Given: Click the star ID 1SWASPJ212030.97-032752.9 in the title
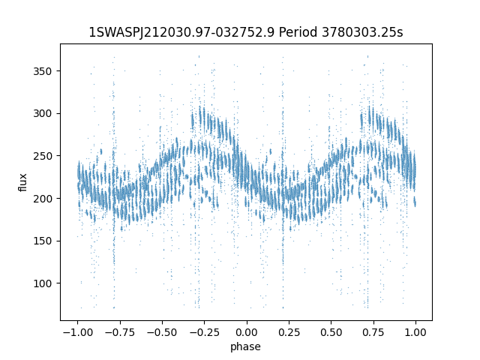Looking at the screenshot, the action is [x=181, y=32].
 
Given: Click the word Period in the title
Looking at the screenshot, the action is [x=298, y=32].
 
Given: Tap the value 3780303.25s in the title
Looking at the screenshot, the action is [x=362, y=32].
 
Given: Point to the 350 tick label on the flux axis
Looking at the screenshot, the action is [x=43, y=71].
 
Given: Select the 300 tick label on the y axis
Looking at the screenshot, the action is [x=43, y=113].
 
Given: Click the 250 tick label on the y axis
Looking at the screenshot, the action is [x=43, y=156].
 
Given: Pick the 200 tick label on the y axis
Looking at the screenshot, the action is [x=43, y=199].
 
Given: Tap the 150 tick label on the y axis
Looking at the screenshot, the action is [x=43, y=241].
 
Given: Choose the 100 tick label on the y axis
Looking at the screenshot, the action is [x=43, y=283].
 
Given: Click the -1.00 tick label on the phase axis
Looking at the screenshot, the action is [x=78, y=332].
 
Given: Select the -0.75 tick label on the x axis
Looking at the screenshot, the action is [x=120, y=332].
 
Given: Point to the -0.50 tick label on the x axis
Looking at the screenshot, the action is [x=162, y=332].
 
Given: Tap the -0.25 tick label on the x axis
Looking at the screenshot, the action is [x=205, y=332].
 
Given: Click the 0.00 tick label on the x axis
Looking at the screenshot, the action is [x=247, y=332].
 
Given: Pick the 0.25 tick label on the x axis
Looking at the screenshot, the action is [x=289, y=332].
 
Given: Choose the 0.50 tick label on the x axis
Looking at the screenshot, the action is [x=331, y=332].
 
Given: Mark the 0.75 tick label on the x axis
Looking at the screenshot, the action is [x=373, y=332].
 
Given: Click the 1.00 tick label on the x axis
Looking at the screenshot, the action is [x=415, y=332].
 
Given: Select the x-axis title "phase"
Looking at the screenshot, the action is [x=245, y=346].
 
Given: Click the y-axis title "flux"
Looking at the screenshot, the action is [x=22, y=182].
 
